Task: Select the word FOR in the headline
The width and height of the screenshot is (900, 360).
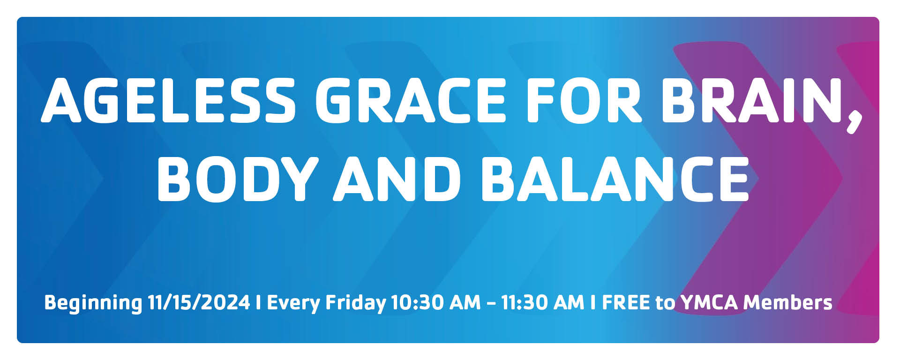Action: [583, 100]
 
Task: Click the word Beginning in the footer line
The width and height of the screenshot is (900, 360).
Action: [93, 303]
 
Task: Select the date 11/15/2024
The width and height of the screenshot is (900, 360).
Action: [199, 302]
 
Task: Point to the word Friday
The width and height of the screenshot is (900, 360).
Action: [356, 303]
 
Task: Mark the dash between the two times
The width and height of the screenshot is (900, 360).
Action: [491, 303]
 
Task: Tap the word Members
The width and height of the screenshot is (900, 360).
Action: [787, 302]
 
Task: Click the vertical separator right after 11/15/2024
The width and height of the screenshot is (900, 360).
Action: [258, 302]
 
